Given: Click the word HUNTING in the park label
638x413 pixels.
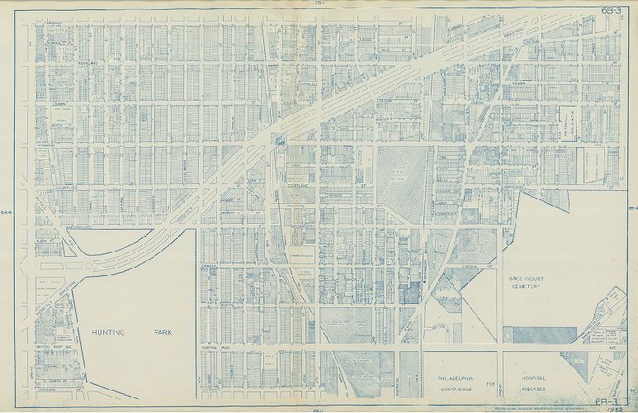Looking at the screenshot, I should [x=111, y=332].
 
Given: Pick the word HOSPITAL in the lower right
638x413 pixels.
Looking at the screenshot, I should [x=538, y=375].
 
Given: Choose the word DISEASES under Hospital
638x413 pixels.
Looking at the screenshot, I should [x=539, y=386].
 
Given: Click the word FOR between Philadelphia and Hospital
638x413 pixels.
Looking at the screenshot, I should [x=501, y=380].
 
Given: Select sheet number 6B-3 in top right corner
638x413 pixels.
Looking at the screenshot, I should [x=611, y=10].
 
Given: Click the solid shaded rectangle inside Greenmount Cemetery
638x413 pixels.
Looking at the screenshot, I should [x=538, y=334].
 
